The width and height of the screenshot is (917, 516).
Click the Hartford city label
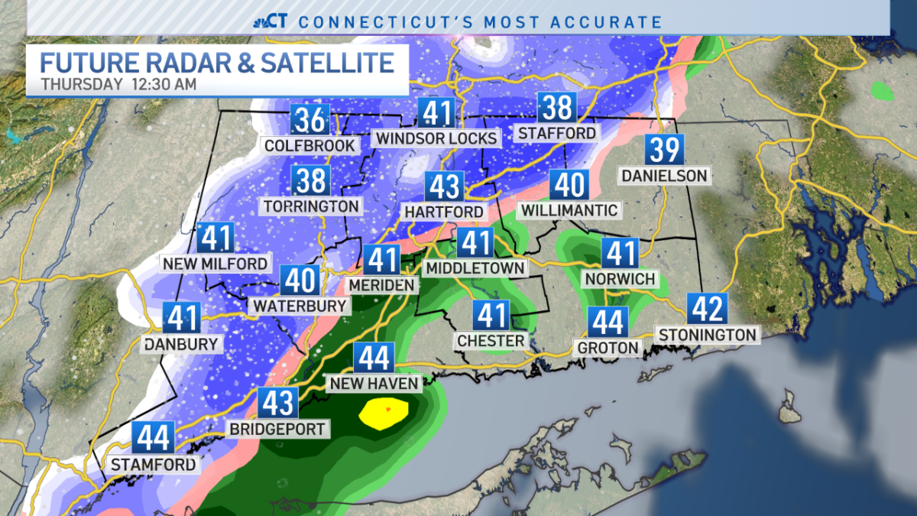point(445,212)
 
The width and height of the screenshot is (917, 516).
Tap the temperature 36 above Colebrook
point(309,120)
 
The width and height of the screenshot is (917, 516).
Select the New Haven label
point(372,383)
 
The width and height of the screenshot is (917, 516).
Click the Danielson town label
point(664,176)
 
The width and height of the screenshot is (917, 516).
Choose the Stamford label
point(153,464)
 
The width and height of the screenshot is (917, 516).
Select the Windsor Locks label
point(436,138)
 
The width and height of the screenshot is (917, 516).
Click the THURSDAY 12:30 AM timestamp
point(118,84)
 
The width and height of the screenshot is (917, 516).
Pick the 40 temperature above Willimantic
point(568,186)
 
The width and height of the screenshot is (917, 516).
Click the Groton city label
point(608,348)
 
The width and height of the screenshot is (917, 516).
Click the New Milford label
point(215,264)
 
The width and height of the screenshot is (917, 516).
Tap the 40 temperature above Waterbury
point(299,281)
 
